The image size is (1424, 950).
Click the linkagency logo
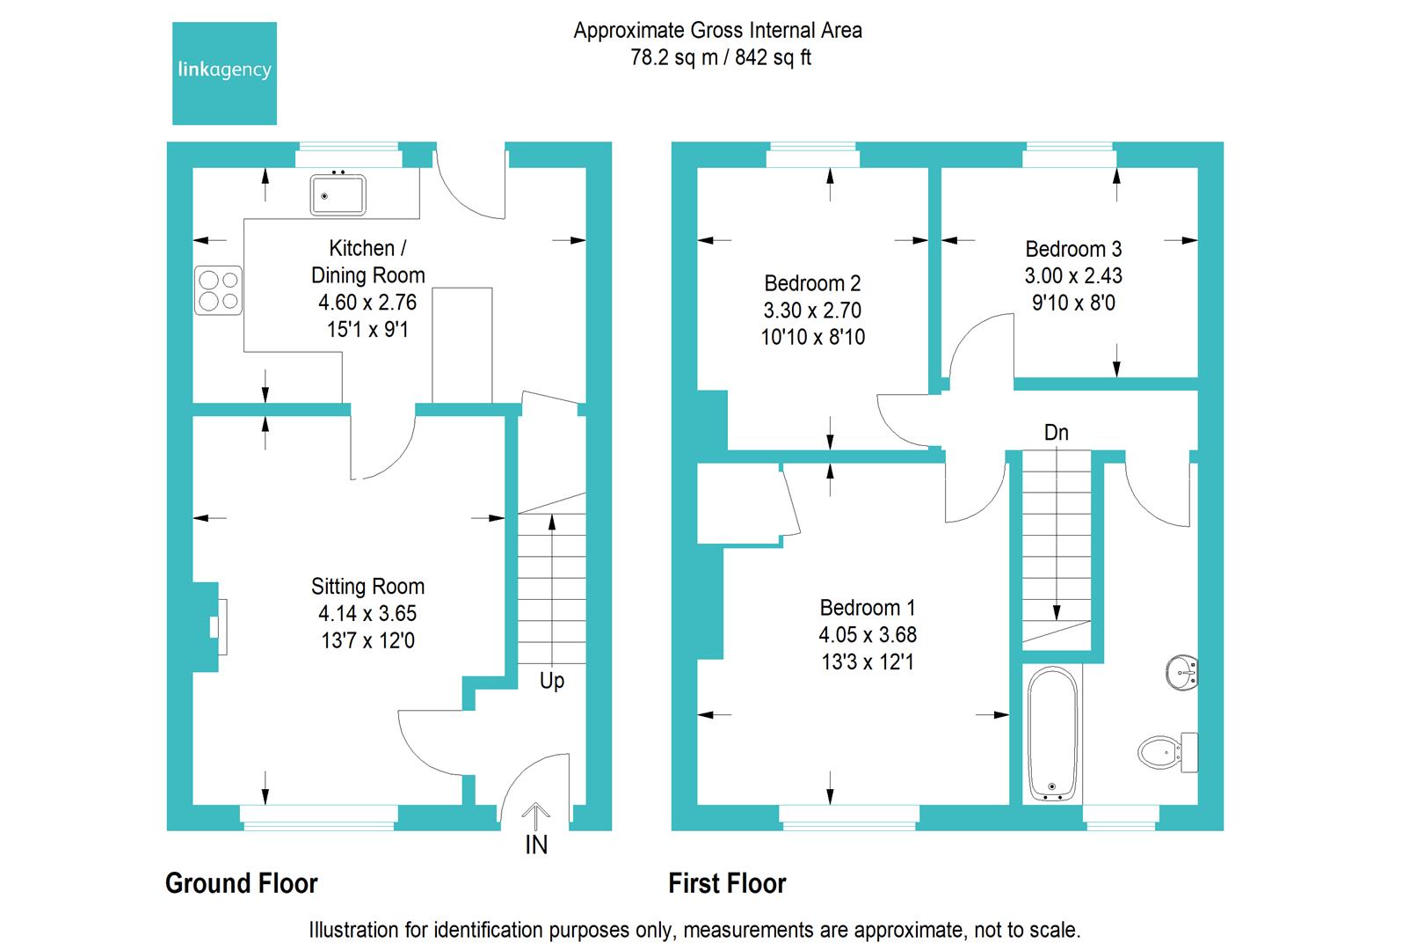(224, 73)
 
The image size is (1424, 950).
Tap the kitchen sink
(338, 194)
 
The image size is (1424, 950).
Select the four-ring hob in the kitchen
(218, 290)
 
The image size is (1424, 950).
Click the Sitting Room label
(367, 587)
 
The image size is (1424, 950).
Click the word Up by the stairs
(552, 681)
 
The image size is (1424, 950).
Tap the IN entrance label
(536, 845)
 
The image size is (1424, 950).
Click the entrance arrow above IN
(536, 814)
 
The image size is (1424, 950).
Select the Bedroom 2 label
(812, 283)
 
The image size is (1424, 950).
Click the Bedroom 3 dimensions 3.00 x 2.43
(1073, 276)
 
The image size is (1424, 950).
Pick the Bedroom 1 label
(867, 608)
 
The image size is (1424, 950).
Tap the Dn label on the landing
(1056, 433)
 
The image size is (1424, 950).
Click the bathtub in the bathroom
(1052, 735)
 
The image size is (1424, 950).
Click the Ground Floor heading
(242, 883)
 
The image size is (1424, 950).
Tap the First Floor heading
(727, 883)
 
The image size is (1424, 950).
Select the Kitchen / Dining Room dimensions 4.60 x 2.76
(367, 303)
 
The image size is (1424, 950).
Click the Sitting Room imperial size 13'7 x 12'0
(367, 641)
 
